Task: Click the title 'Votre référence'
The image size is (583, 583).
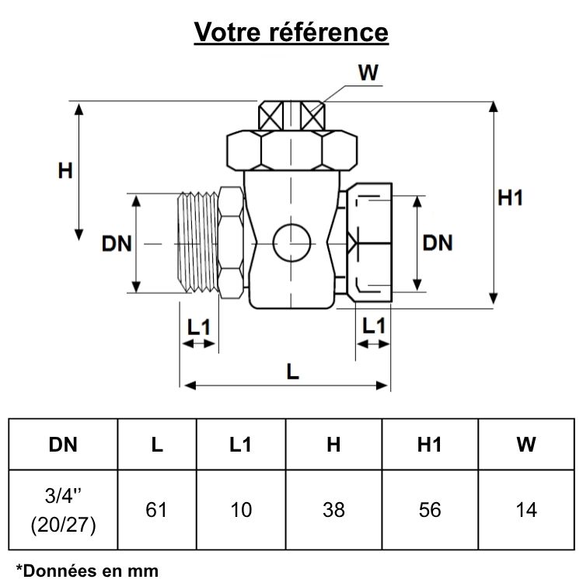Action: pos(291,32)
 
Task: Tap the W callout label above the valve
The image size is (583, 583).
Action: pos(368,72)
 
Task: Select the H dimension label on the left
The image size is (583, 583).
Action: pos(65,171)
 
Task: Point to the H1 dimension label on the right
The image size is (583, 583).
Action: pos(511,198)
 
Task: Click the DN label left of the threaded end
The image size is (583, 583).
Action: pos(117,243)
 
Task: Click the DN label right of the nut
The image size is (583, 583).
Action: pos(438,243)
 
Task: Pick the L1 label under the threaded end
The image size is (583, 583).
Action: pos(200,327)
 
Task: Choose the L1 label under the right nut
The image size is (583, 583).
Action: pos(374,326)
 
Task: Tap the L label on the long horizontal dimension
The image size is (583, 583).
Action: pos(292,372)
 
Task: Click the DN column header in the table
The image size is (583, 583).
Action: pos(63,445)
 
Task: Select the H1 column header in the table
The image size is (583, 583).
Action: pos(429,445)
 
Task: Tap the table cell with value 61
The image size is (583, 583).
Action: pos(157,510)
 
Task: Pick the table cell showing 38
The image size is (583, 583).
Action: pos(333,510)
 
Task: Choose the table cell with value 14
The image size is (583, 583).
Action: pos(526,510)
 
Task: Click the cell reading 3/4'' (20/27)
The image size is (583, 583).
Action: pos(63,510)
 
